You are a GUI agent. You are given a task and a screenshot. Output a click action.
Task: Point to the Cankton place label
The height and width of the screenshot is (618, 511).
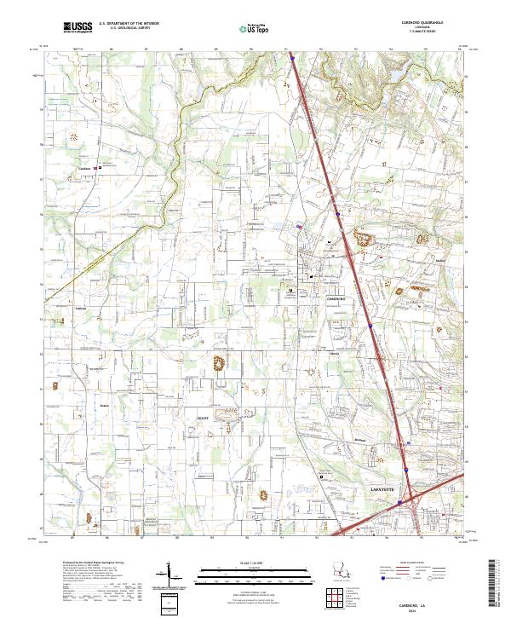(x=84, y=168)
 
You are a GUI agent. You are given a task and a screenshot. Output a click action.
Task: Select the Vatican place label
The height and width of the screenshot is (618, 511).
(x=83, y=309)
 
